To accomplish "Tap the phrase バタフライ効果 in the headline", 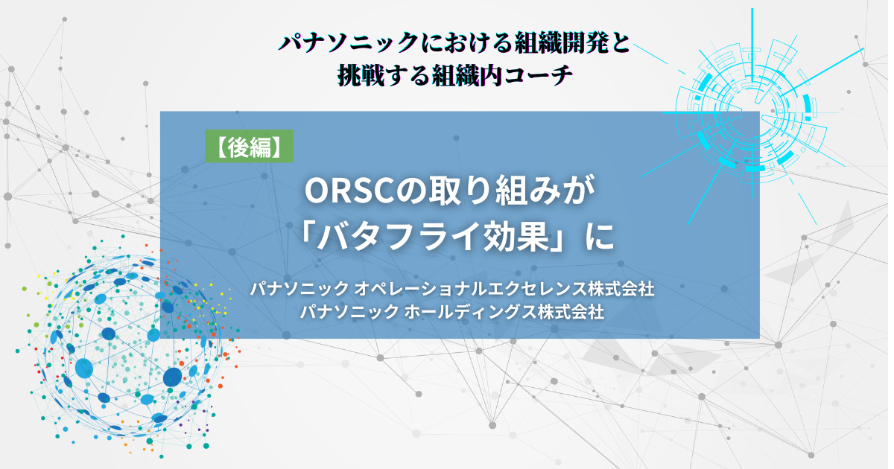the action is click(x=433, y=237).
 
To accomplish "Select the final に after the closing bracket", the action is click(x=600, y=237).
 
